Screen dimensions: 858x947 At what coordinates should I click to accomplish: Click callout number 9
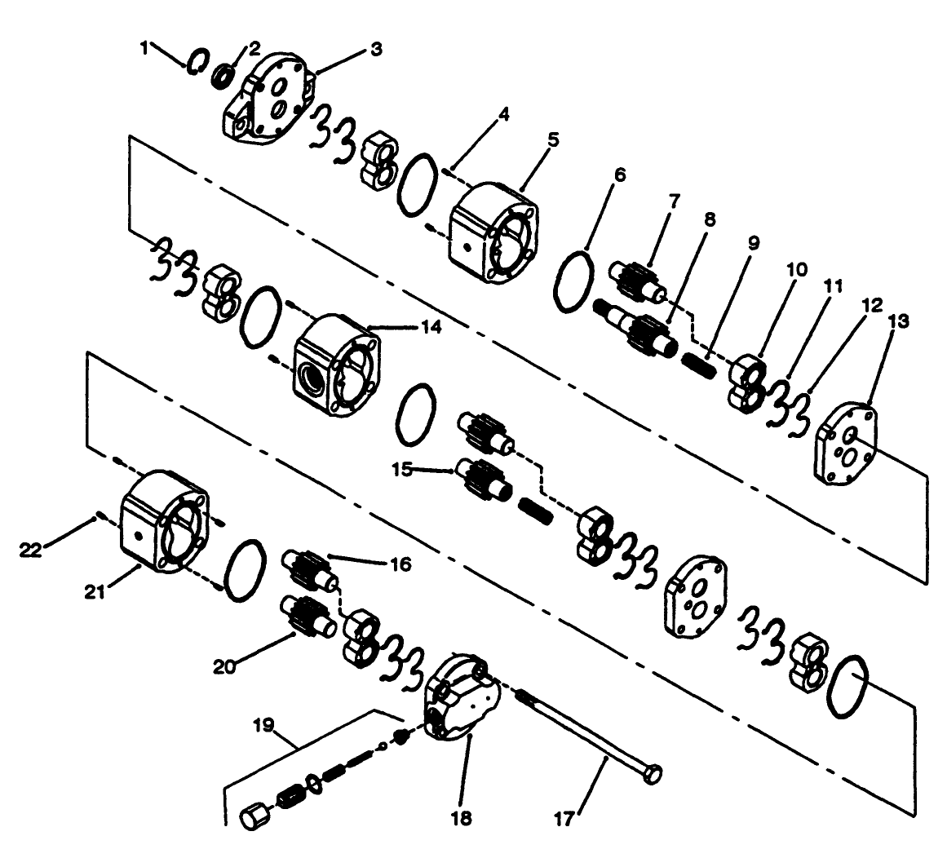point(753,244)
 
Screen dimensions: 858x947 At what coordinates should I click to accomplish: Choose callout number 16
point(400,564)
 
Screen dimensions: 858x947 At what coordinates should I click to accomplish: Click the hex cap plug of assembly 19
point(256,816)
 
